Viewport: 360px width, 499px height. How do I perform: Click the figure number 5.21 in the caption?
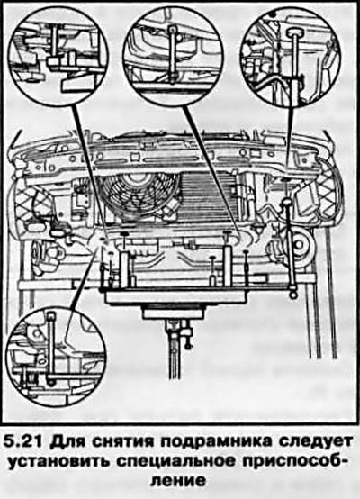[25, 441]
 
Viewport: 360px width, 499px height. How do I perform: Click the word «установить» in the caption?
[58, 461]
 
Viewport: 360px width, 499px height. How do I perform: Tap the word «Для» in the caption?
[66, 441]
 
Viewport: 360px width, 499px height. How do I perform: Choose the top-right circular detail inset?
[291, 56]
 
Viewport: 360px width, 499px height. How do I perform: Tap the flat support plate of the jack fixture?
[175, 297]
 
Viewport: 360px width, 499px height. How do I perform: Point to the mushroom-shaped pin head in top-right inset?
[294, 32]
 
